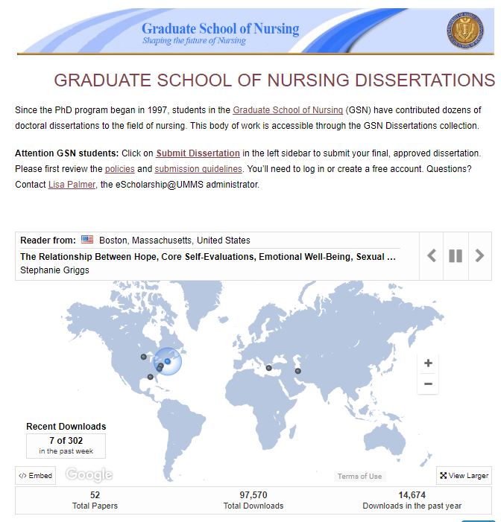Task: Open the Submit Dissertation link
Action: [x=198, y=153]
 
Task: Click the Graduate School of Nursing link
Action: [x=288, y=110]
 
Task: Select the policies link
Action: [x=119, y=169]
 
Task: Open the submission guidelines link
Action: [x=198, y=169]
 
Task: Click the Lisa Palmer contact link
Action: [x=72, y=184]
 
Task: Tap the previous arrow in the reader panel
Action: [x=432, y=256]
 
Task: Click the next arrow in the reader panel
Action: [x=479, y=256]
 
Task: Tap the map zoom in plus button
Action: [x=428, y=363]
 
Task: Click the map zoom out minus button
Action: [x=428, y=384]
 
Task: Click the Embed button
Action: [x=36, y=476]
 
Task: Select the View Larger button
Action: [x=464, y=476]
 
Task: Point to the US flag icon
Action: [x=87, y=240]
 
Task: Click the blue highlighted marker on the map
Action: [x=168, y=361]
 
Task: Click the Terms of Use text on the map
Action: [x=359, y=477]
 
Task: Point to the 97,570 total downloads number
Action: [x=253, y=494]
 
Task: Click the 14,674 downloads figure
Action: [x=412, y=494]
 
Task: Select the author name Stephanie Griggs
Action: [x=54, y=270]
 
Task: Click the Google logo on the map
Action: [x=89, y=474]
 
